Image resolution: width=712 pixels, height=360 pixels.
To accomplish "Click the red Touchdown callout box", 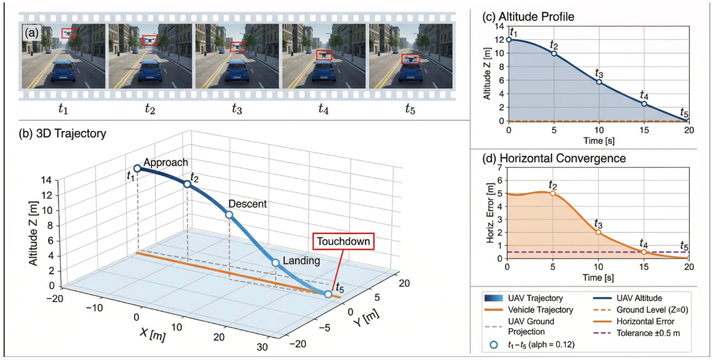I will pyautogui.click(x=343, y=242).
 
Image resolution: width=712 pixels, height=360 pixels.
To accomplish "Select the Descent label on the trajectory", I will pyautogui.click(x=247, y=204).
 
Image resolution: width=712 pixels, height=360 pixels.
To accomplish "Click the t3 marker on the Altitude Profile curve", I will pyautogui.click(x=599, y=81).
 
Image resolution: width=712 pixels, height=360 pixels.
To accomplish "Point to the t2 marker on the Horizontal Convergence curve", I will pyautogui.click(x=553, y=194).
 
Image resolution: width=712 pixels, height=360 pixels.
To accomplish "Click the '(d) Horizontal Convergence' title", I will pyautogui.click(x=545, y=159).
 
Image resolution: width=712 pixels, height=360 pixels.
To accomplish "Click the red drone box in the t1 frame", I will pyautogui.click(x=69, y=33).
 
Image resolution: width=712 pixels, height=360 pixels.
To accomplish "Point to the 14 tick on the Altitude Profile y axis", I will pyautogui.click(x=500, y=27).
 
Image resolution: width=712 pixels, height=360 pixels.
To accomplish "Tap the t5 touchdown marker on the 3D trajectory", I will pyautogui.click(x=328, y=294).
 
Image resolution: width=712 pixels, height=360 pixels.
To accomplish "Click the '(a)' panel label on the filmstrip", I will pyautogui.click(x=30, y=34).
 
